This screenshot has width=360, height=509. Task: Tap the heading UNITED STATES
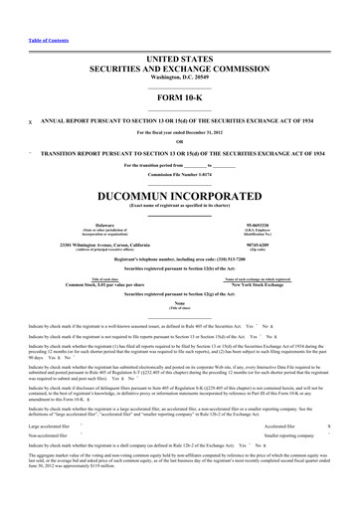(x=180, y=33)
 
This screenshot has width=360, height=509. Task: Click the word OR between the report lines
(x=180, y=139)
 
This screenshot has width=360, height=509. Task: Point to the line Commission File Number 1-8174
(x=180, y=174)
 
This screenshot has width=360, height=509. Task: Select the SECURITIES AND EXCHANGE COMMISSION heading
(x=180, y=44)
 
